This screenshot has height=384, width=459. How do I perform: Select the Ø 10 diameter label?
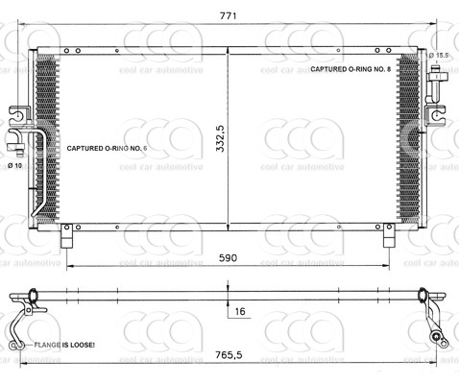coord(15,166)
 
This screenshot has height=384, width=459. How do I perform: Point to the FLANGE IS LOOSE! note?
coord(64,344)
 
